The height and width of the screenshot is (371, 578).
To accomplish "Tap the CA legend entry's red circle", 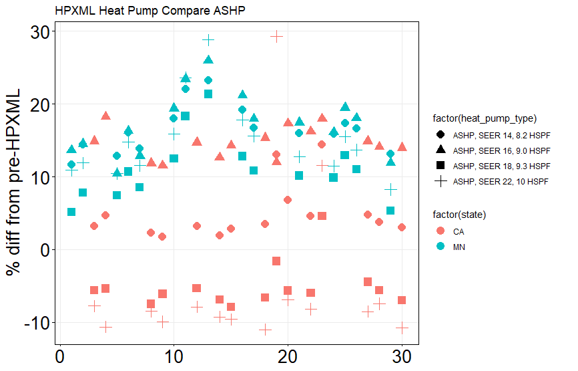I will coord(441,231).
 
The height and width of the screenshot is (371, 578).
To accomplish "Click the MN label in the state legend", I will coord(459,247).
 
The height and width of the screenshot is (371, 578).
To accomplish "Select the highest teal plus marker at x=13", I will coord(208,40).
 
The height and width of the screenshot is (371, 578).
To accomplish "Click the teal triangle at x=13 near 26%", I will coord(208,61).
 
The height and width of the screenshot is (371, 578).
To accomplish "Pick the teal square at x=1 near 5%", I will coord(71,212).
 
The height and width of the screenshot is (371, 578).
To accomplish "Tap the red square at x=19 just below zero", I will coord(276,261).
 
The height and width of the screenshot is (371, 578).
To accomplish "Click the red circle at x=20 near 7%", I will coord(288,200).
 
